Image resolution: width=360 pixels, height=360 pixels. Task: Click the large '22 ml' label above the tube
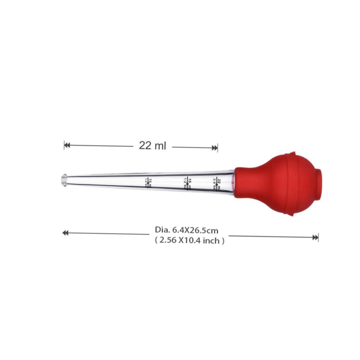pos(153,145)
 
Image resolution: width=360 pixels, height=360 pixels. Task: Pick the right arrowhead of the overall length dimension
pos(315,237)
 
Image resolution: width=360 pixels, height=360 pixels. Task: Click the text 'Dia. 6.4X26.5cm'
pos(187,230)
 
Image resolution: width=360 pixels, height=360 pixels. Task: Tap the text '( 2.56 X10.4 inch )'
pos(190,240)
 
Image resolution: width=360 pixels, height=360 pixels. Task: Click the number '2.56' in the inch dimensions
pos(168,240)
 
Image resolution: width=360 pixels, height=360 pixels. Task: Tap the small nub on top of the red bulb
pos(292,153)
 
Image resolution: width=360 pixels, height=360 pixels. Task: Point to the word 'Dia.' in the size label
pos(161,230)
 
